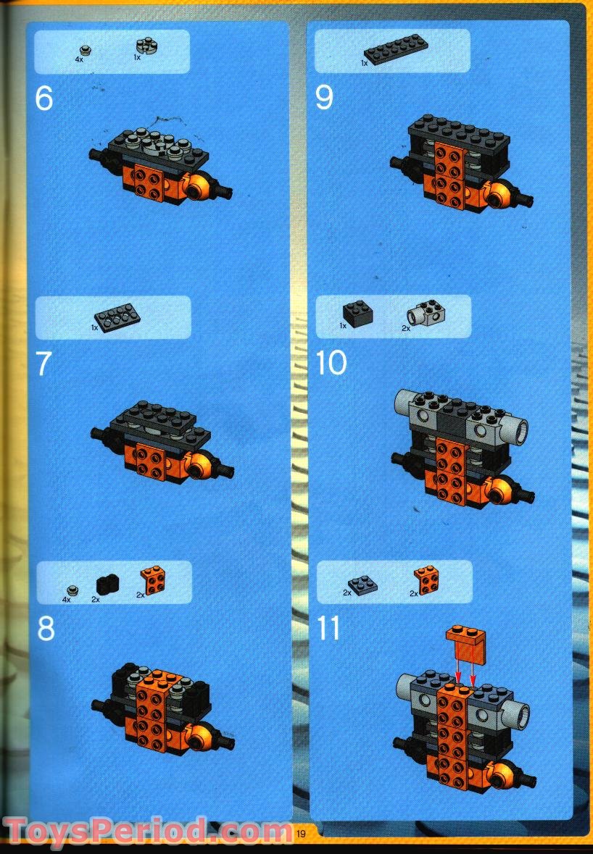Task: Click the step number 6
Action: pyautogui.click(x=44, y=99)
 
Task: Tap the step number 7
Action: pyautogui.click(x=44, y=364)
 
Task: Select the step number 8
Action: pyautogui.click(x=46, y=629)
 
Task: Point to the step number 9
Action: pyautogui.click(x=324, y=99)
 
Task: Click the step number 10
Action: pyautogui.click(x=332, y=363)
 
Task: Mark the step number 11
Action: pyautogui.click(x=329, y=629)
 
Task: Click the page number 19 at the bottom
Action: pyautogui.click(x=300, y=834)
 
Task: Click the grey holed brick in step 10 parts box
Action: pyautogui.click(x=425, y=314)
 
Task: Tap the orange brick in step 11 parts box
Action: pyautogui.click(x=426, y=579)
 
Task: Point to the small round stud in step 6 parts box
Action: pyautogui.click(x=85, y=49)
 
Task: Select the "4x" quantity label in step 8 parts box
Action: pyautogui.click(x=66, y=600)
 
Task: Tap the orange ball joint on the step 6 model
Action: pyautogui.click(x=198, y=188)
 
